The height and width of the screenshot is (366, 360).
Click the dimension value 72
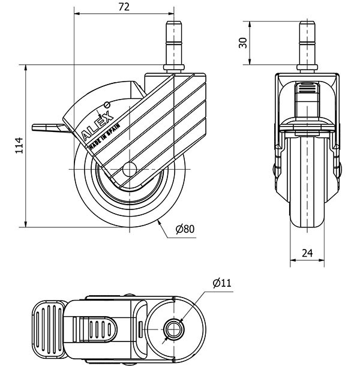[x=123, y=7]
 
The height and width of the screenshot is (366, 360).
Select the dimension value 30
[x=243, y=43]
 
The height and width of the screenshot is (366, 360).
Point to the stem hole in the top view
[x=175, y=329]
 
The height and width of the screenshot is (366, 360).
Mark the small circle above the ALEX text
[x=107, y=103]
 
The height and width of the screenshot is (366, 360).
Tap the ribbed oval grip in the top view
[x=97, y=328]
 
